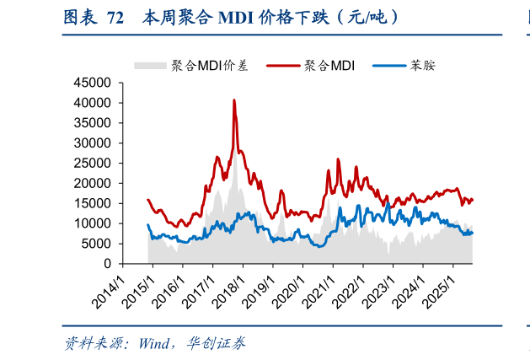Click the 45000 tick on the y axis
coord(93,83)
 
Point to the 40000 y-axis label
coord(93,103)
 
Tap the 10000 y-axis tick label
coord(93,223)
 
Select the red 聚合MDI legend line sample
coord(283,64)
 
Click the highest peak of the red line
coord(234,100)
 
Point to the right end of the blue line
coord(473,233)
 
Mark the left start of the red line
coord(147,200)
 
